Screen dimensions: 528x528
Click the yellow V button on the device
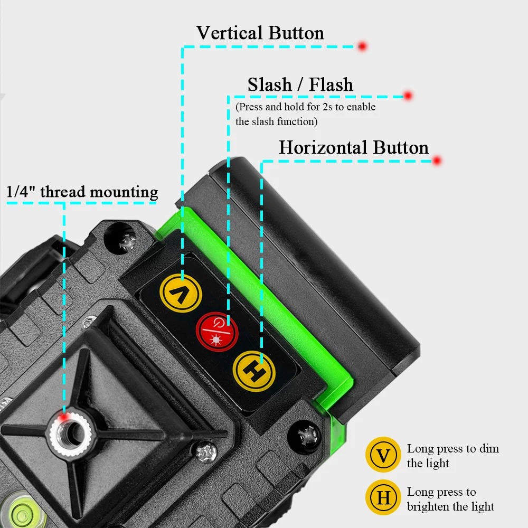coord(181,293)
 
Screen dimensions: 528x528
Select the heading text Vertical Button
coord(260,33)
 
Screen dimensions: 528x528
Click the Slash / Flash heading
coord(300,84)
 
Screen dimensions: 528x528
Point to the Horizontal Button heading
coord(354,147)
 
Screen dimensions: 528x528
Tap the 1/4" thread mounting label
coord(82,192)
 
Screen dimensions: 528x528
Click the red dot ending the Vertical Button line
coord(362,46)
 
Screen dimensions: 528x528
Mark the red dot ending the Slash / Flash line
coord(408,96)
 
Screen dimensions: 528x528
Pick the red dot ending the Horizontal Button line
coord(437,161)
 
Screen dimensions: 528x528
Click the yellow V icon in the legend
coord(383,455)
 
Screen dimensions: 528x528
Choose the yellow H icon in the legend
coord(383,498)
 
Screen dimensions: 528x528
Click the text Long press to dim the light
coord(452,456)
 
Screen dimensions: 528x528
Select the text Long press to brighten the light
coord(450,499)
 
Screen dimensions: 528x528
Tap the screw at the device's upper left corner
coord(127,242)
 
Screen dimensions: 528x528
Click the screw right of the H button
coord(306,436)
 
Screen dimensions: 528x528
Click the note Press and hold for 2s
coord(305,114)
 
